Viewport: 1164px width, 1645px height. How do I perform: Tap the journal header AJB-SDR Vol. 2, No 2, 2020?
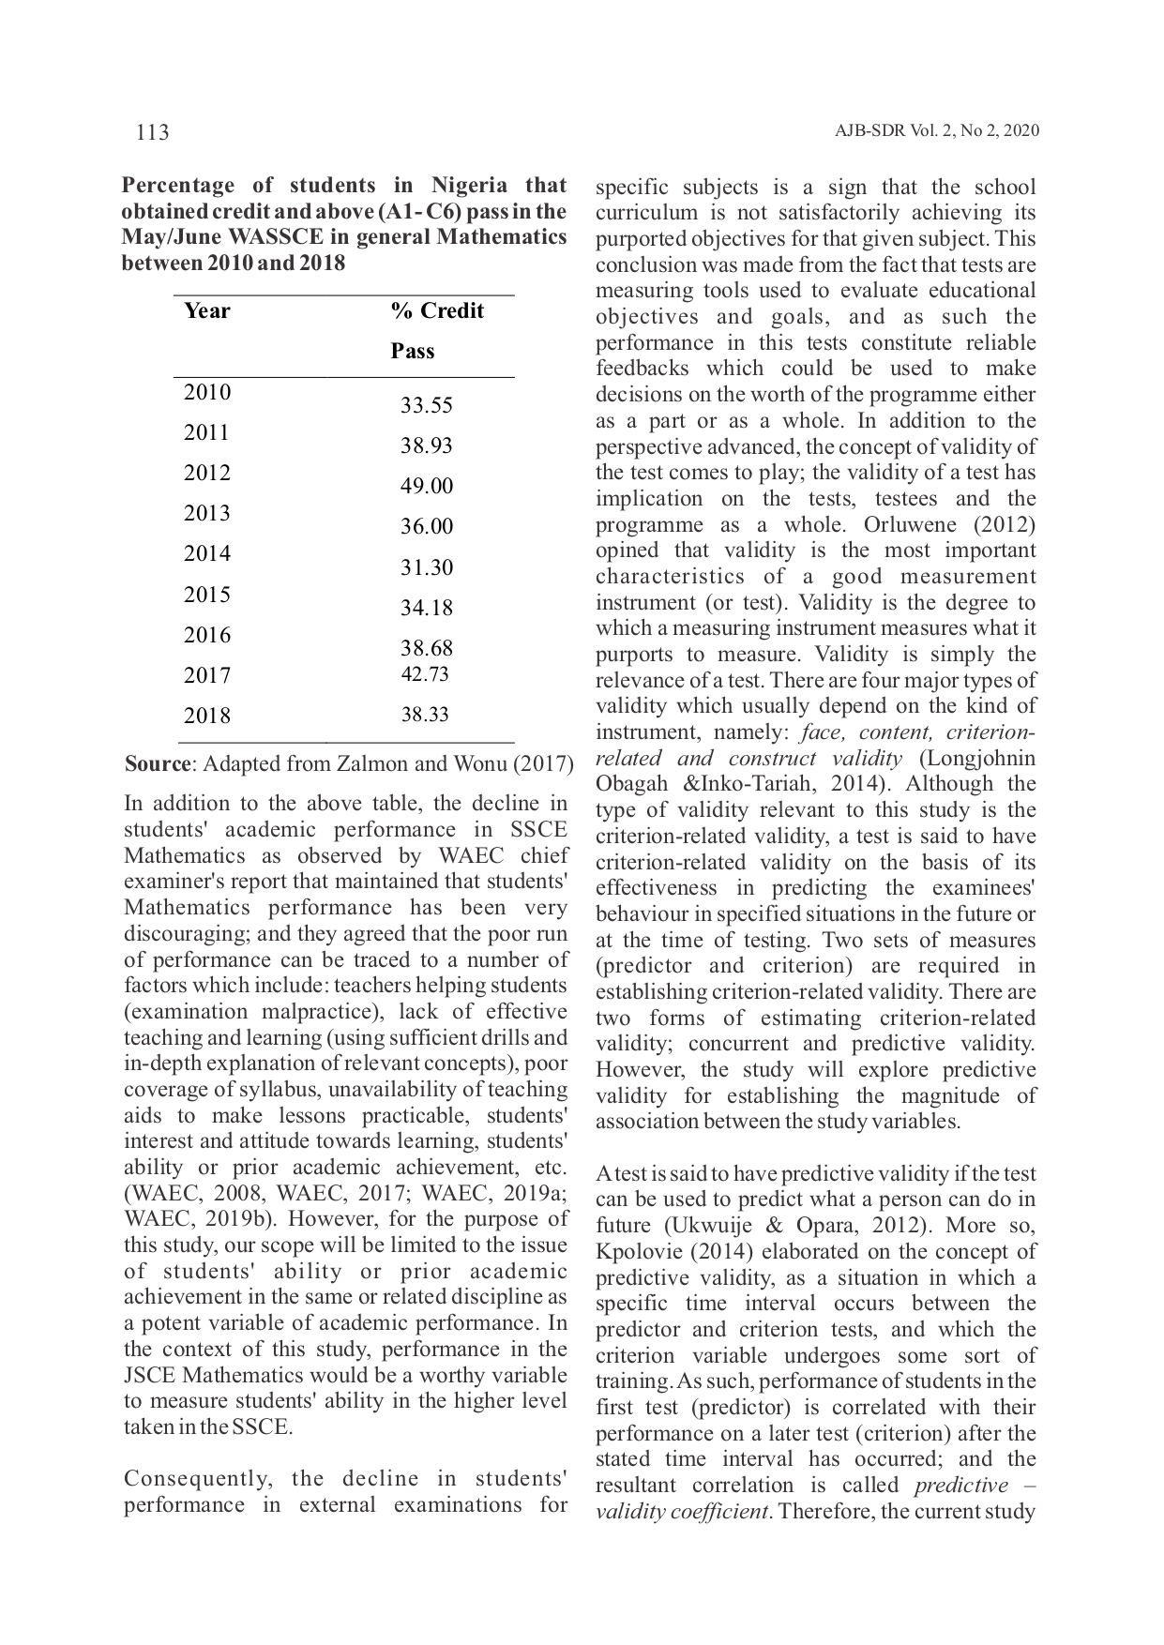[x=936, y=131]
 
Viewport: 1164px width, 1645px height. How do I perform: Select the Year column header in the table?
[x=207, y=310]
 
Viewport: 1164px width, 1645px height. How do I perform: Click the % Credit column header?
[x=437, y=310]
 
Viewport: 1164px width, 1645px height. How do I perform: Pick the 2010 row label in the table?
[x=207, y=392]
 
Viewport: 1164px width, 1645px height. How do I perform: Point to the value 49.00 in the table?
[x=427, y=486]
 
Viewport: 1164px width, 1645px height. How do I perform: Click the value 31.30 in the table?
[x=427, y=567]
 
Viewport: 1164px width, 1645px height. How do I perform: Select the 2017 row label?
[x=207, y=675]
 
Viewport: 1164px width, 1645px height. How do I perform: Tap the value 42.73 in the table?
[x=425, y=674]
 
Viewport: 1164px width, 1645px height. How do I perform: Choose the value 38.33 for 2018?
[x=425, y=715]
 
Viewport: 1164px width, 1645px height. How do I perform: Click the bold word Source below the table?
[x=158, y=763]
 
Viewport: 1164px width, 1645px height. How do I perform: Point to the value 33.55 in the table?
[x=427, y=405]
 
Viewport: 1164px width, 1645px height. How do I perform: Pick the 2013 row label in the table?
[x=207, y=513]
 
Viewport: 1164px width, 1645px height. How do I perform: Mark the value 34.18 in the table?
[x=427, y=608]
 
